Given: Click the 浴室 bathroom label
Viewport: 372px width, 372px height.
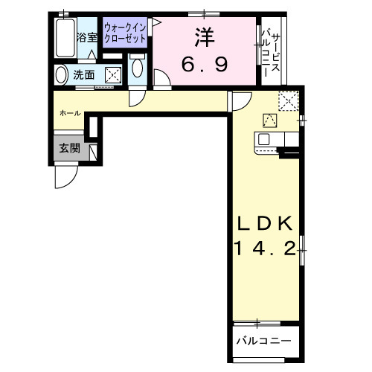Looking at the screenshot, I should tap(88, 36).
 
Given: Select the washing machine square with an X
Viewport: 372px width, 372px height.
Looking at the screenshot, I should tap(113, 75).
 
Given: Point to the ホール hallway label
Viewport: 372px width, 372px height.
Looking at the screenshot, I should tap(71, 112).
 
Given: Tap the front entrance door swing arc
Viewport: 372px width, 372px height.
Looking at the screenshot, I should tap(66, 175).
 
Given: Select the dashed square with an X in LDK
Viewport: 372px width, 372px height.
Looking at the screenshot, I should tap(289, 100).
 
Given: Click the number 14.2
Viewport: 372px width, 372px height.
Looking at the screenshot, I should tap(265, 248).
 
